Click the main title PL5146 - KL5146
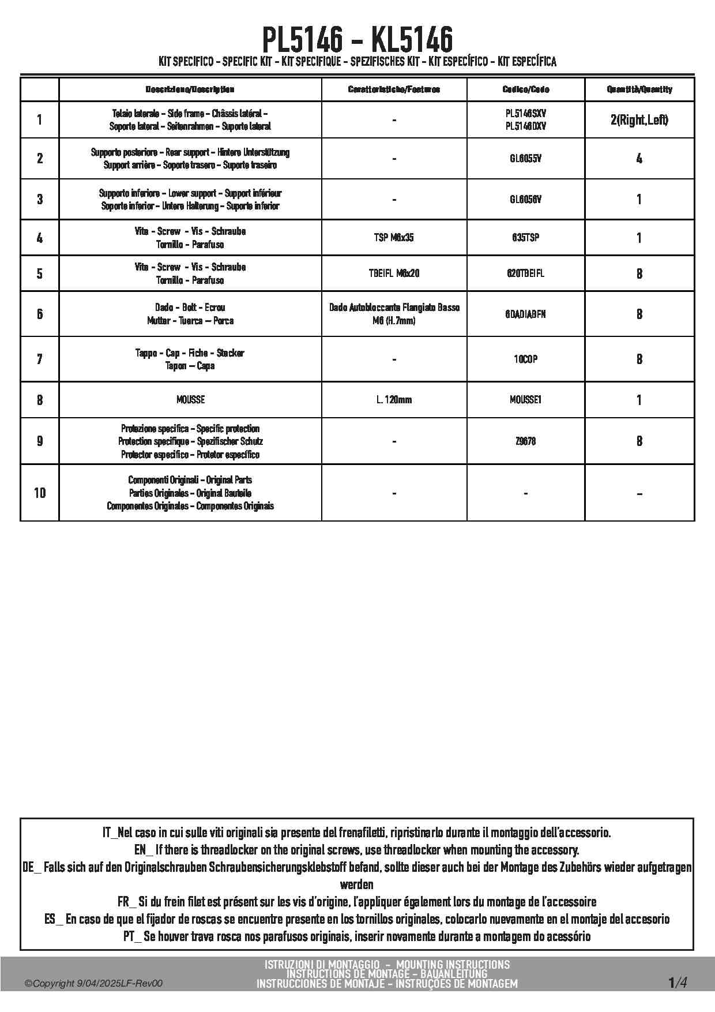(x=357, y=39)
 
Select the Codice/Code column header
(x=525, y=89)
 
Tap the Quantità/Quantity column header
(x=639, y=89)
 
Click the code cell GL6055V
(x=525, y=158)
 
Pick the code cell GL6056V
(x=525, y=199)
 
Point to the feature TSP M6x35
(x=394, y=238)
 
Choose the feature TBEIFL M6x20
(x=394, y=273)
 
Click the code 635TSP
(x=525, y=238)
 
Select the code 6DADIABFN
(x=525, y=314)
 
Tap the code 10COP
(x=525, y=359)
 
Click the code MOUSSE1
(x=525, y=400)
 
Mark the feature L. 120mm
(x=394, y=400)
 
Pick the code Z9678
(x=525, y=441)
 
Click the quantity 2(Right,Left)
(x=639, y=120)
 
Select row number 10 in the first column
(x=40, y=493)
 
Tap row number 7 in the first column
(x=40, y=359)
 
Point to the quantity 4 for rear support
(x=639, y=158)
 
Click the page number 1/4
(x=678, y=983)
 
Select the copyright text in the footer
(x=93, y=983)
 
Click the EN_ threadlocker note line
(x=356, y=850)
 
